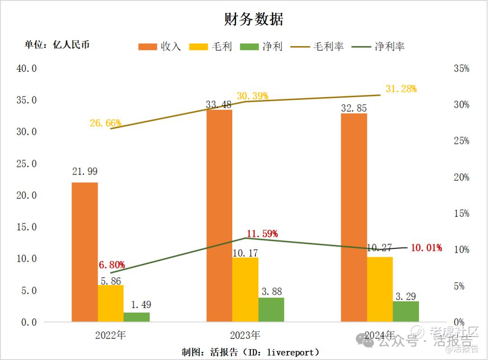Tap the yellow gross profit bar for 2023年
click(245, 289)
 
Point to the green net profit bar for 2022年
click(136, 317)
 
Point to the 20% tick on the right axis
click(461, 177)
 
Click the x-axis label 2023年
click(245, 336)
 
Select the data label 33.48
click(219, 104)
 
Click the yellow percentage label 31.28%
click(401, 89)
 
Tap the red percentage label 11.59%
click(262, 234)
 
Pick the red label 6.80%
click(112, 265)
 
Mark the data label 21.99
click(84, 171)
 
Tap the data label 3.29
click(406, 297)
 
